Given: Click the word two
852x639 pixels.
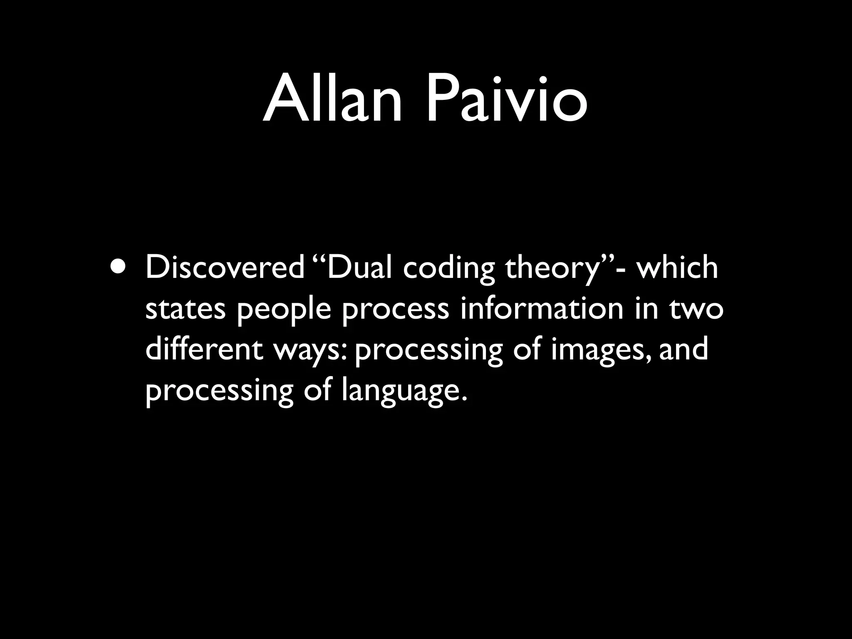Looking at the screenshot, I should (x=697, y=310).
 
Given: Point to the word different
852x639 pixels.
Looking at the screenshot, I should (x=204, y=349).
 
